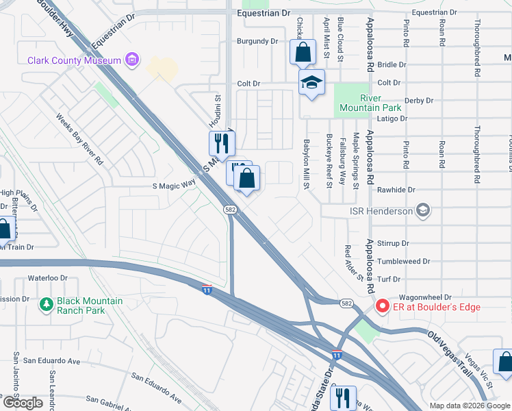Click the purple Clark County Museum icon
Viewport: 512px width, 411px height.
(x=133, y=60)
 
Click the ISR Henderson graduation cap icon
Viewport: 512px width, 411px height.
(x=424, y=210)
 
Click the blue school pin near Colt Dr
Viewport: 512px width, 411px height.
(x=311, y=83)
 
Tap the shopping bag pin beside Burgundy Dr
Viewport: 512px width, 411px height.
(x=303, y=51)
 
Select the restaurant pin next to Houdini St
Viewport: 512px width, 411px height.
(x=221, y=142)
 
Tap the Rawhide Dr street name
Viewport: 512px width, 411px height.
(x=401, y=190)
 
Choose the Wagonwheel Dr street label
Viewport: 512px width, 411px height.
(x=429, y=297)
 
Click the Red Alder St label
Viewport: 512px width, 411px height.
(x=353, y=263)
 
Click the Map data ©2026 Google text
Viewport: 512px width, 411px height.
(x=469, y=406)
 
